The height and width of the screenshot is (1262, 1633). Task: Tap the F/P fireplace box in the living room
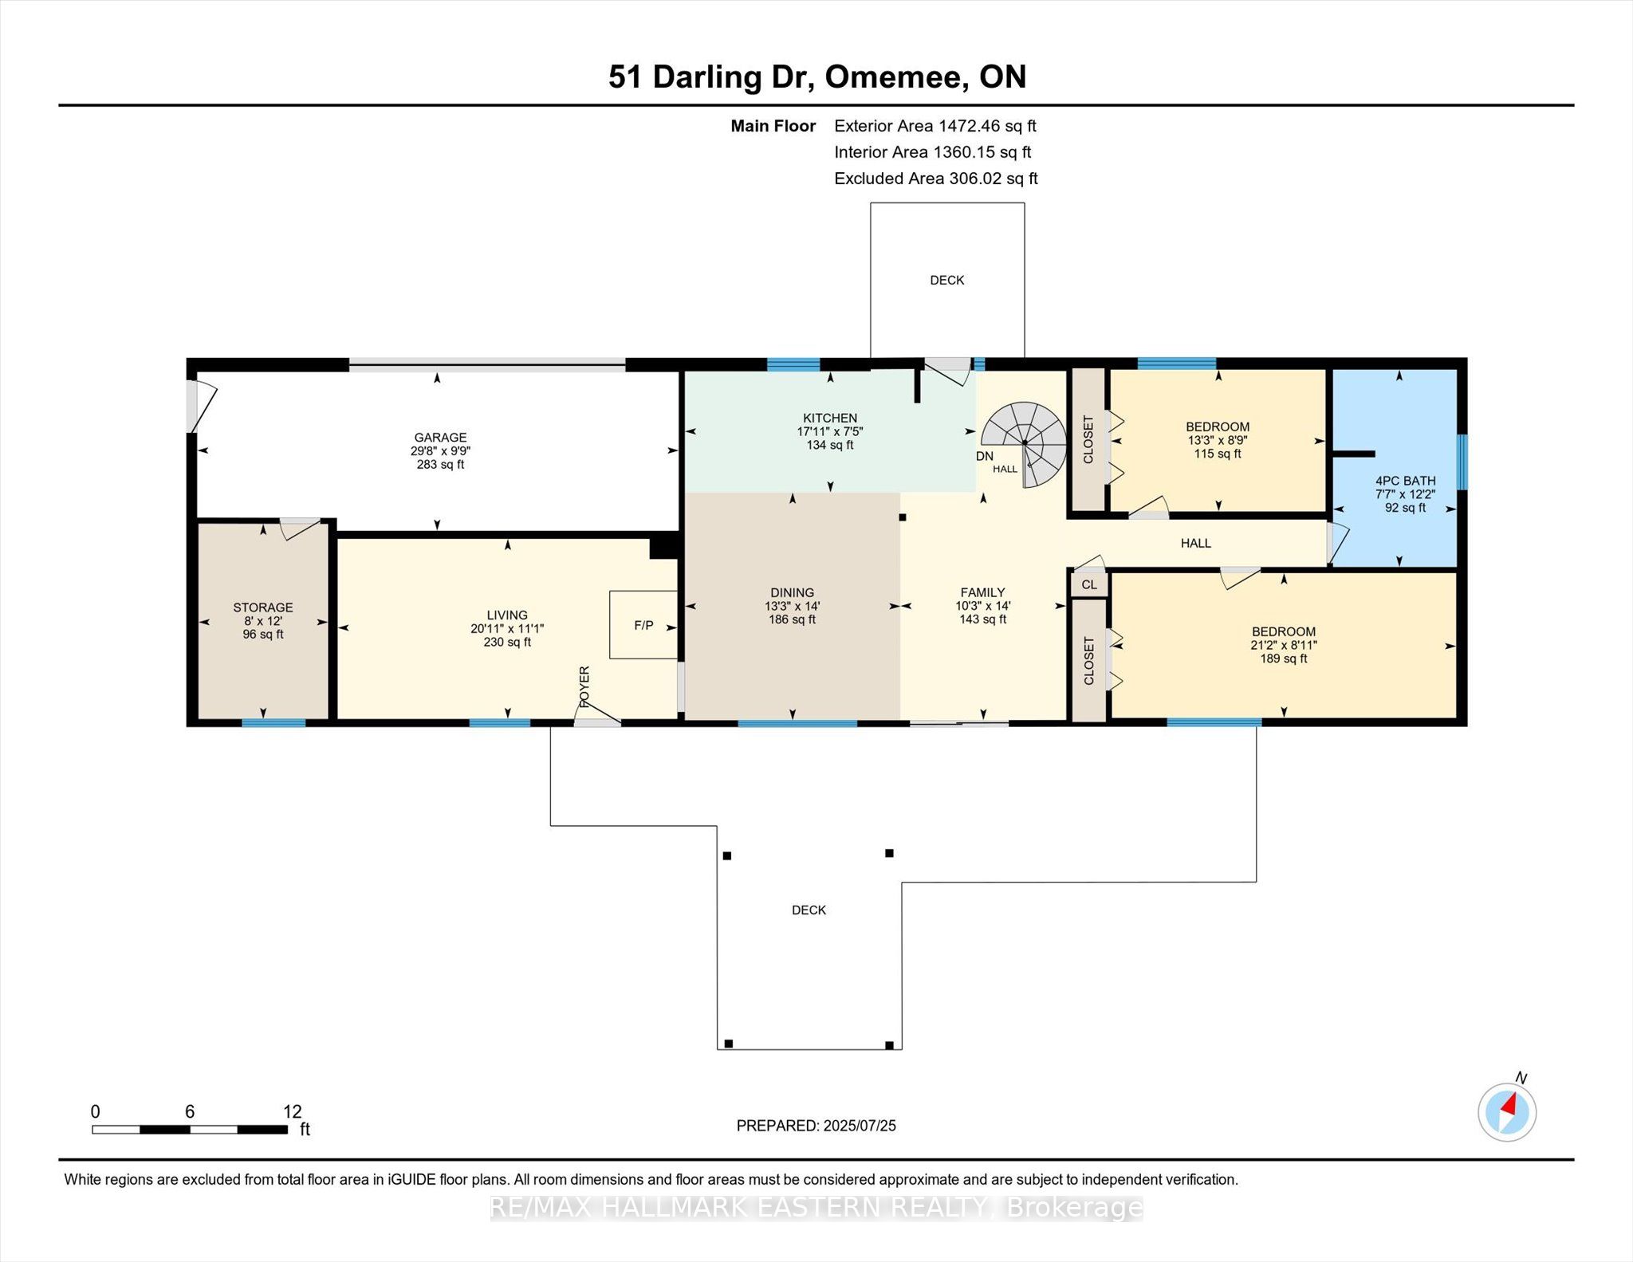tap(643, 625)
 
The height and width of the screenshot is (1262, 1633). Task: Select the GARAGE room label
tap(440, 437)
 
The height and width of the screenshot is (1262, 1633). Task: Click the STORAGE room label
tap(263, 607)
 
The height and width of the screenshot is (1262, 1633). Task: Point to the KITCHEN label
tap(830, 418)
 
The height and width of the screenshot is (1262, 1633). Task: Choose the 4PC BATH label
tap(1405, 481)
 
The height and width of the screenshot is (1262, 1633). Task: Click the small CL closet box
tap(1089, 584)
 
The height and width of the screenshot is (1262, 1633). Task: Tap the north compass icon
tap(1507, 1111)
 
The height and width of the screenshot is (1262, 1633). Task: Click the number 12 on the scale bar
tap(293, 1111)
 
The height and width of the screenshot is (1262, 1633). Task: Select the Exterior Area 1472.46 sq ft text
tap(935, 126)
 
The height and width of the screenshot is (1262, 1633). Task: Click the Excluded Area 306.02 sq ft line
tap(936, 179)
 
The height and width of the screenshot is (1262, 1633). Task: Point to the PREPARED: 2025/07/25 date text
tap(816, 1126)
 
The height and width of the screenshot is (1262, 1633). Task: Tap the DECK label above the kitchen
tap(947, 281)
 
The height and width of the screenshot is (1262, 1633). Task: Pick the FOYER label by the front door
tap(584, 687)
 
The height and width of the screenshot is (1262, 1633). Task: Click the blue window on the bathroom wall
tap(1462, 462)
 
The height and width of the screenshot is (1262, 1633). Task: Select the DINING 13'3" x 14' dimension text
tap(792, 606)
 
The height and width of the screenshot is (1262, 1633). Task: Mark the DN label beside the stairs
tap(985, 456)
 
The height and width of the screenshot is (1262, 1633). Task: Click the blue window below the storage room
tap(273, 723)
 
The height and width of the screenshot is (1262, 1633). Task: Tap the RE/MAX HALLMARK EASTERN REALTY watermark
tap(816, 1208)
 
